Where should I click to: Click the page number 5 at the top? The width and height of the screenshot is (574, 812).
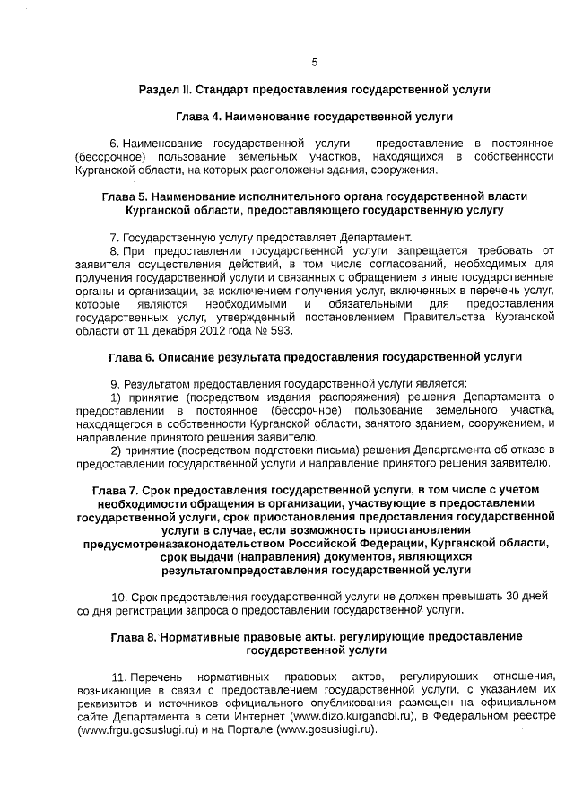(x=314, y=62)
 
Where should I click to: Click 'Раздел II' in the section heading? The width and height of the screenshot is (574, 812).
(x=166, y=91)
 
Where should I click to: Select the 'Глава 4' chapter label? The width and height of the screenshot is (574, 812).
(x=199, y=118)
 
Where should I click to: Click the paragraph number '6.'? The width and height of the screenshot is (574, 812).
(x=114, y=144)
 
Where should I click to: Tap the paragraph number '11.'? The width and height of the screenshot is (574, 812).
(x=118, y=675)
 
